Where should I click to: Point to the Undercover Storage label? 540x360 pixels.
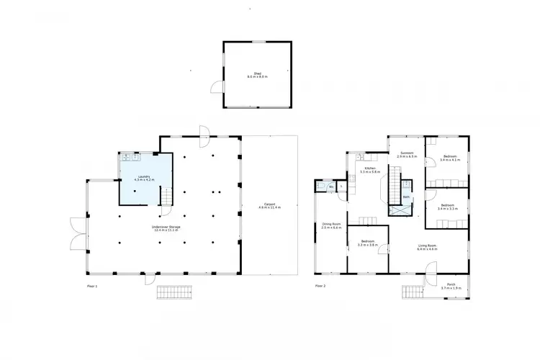pyautogui.click(x=166, y=228)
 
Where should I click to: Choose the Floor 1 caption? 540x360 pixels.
pyautogui.click(x=91, y=287)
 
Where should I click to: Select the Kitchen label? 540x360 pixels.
pyautogui.click(x=370, y=170)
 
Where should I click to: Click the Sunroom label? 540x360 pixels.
pyautogui.click(x=407, y=153)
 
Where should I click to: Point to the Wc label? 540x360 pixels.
pyautogui.click(x=330, y=187)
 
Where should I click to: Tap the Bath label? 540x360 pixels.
pyautogui.click(x=407, y=197)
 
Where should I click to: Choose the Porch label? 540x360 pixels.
pyautogui.click(x=450, y=286)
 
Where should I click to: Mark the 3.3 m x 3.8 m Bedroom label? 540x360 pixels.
pyautogui.click(x=367, y=243)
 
